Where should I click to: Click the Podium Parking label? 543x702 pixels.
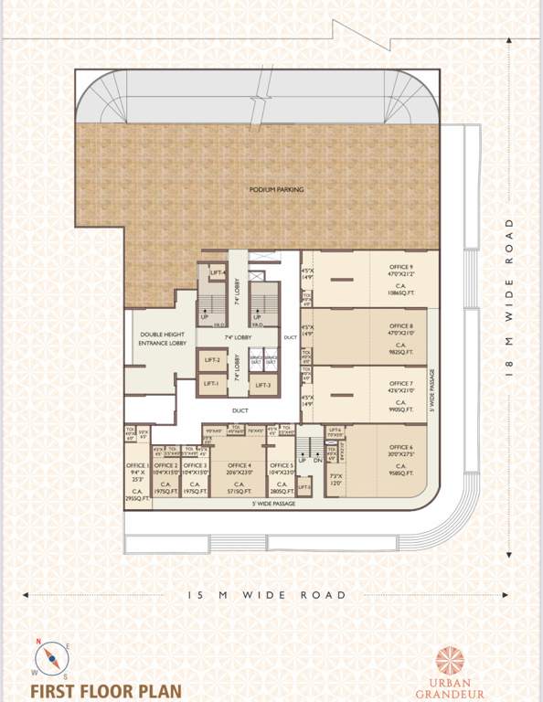point(276,189)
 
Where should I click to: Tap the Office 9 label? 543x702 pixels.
point(399,266)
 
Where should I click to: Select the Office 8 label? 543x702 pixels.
point(399,325)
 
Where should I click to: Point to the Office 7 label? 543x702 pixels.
point(399,384)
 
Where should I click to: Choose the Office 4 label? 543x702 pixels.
point(240,465)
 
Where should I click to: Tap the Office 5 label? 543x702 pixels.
point(281,465)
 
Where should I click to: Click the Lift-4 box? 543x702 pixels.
point(217,272)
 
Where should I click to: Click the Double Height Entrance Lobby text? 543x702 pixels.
point(163,339)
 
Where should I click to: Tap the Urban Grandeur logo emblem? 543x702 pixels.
point(450,660)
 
